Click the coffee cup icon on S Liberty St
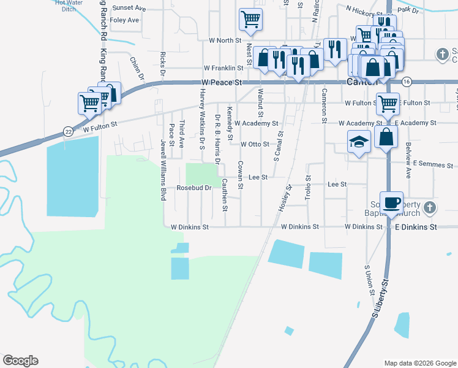(392, 202)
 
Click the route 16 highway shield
(406, 82)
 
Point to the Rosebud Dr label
(194, 188)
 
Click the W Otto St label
(255, 144)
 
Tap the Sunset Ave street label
(129, 9)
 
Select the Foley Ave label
(126, 20)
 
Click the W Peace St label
(222, 82)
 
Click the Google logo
(20, 361)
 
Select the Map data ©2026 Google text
(420, 363)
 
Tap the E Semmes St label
(432, 164)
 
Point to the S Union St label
(369, 280)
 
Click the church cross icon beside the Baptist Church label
(430, 207)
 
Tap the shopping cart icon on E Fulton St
(388, 104)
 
